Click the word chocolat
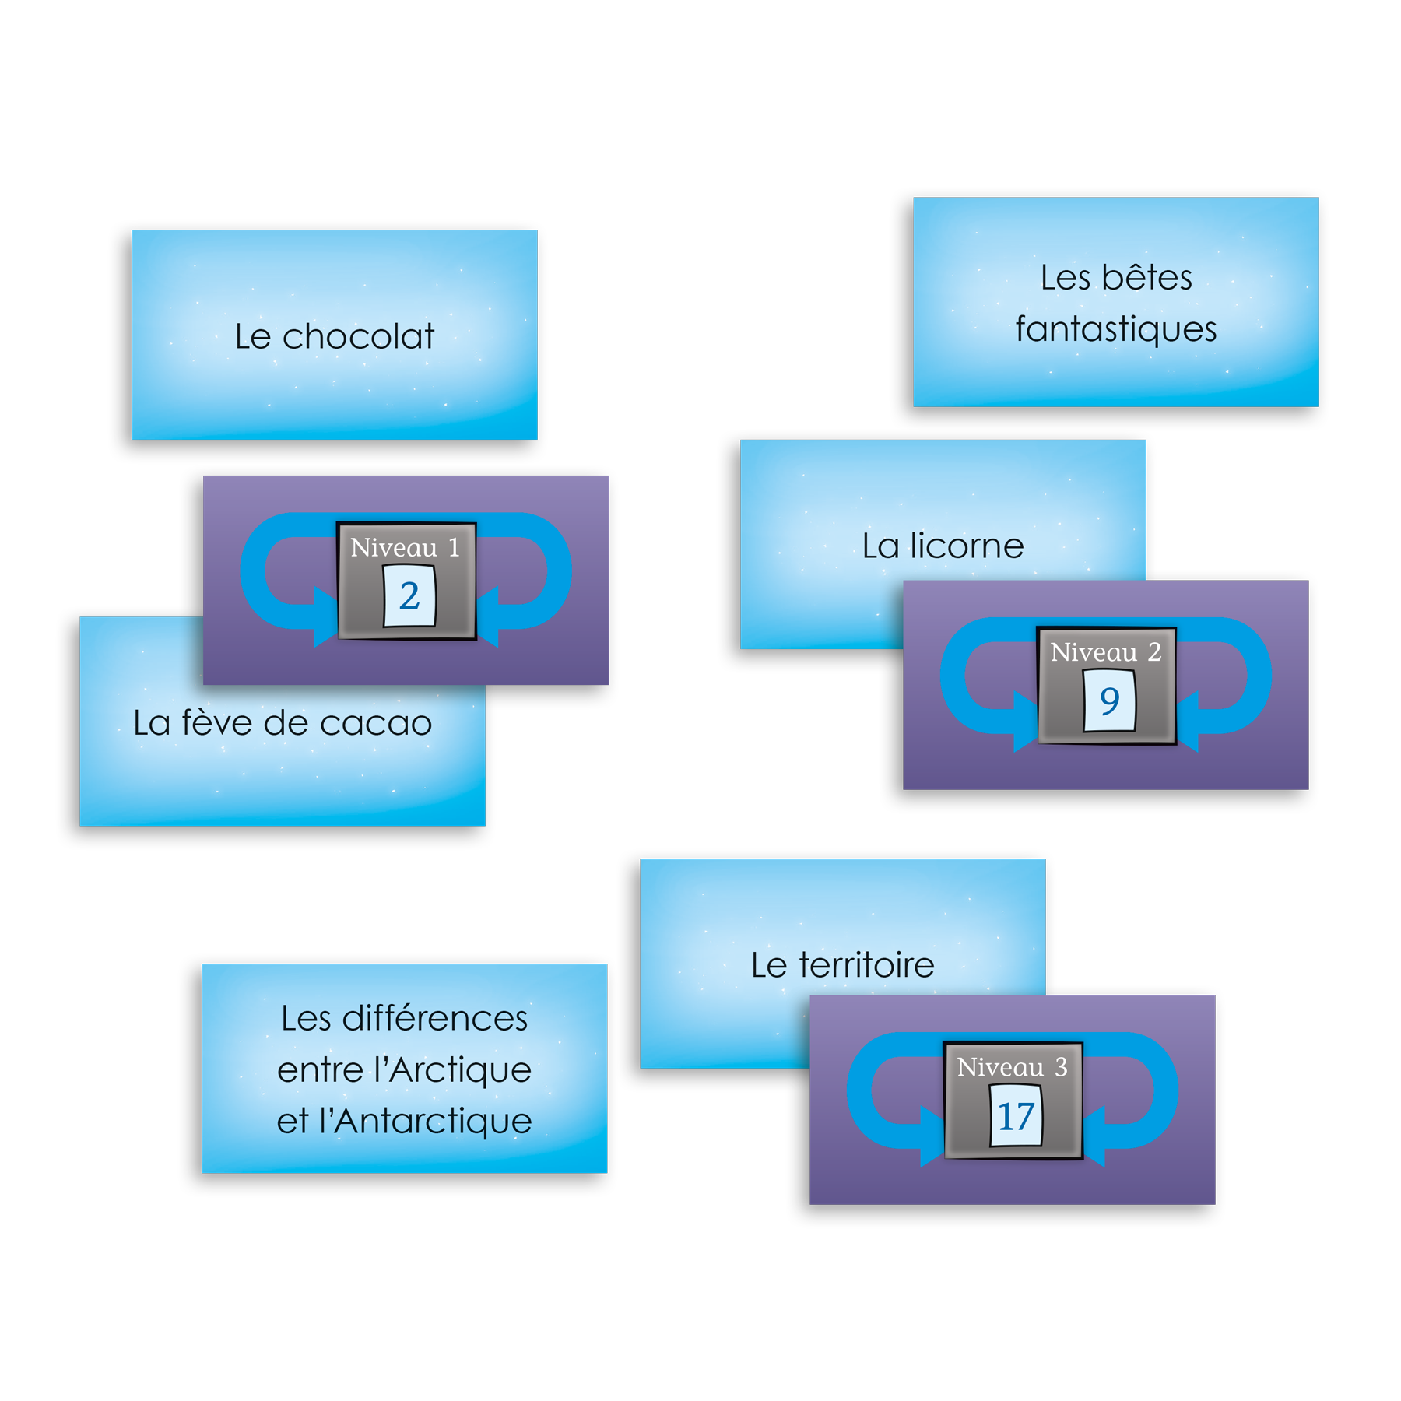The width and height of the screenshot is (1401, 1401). click(x=358, y=337)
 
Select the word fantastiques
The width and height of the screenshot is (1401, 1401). click(x=1116, y=329)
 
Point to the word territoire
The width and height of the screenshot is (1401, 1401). click(x=866, y=965)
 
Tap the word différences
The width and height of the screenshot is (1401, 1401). click(x=434, y=1018)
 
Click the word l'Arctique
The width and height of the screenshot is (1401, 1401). click(x=452, y=1070)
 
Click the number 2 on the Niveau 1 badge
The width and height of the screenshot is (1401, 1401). click(x=409, y=596)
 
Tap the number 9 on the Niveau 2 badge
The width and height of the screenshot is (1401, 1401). click(x=1110, y=701)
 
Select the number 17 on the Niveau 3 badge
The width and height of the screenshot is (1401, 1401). click(x=1016, y=1117)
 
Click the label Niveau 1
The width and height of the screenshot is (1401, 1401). click(x=405, y=547)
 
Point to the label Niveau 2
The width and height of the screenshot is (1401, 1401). click(x=1105, y=652)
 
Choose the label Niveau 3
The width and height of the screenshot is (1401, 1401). click(x=1012, y=1067)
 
